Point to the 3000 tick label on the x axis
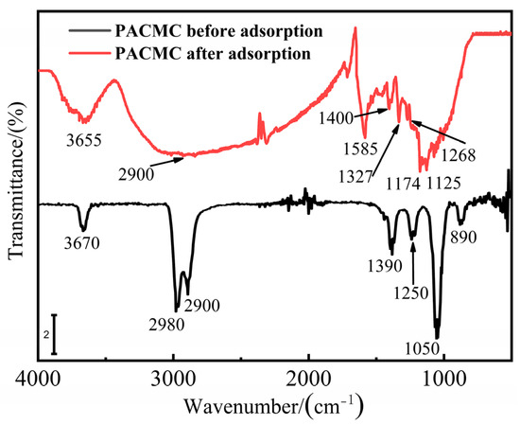click(x=173, y=378)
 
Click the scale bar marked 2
click(x=54, y=334)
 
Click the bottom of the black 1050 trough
click(x=437, y=334)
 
